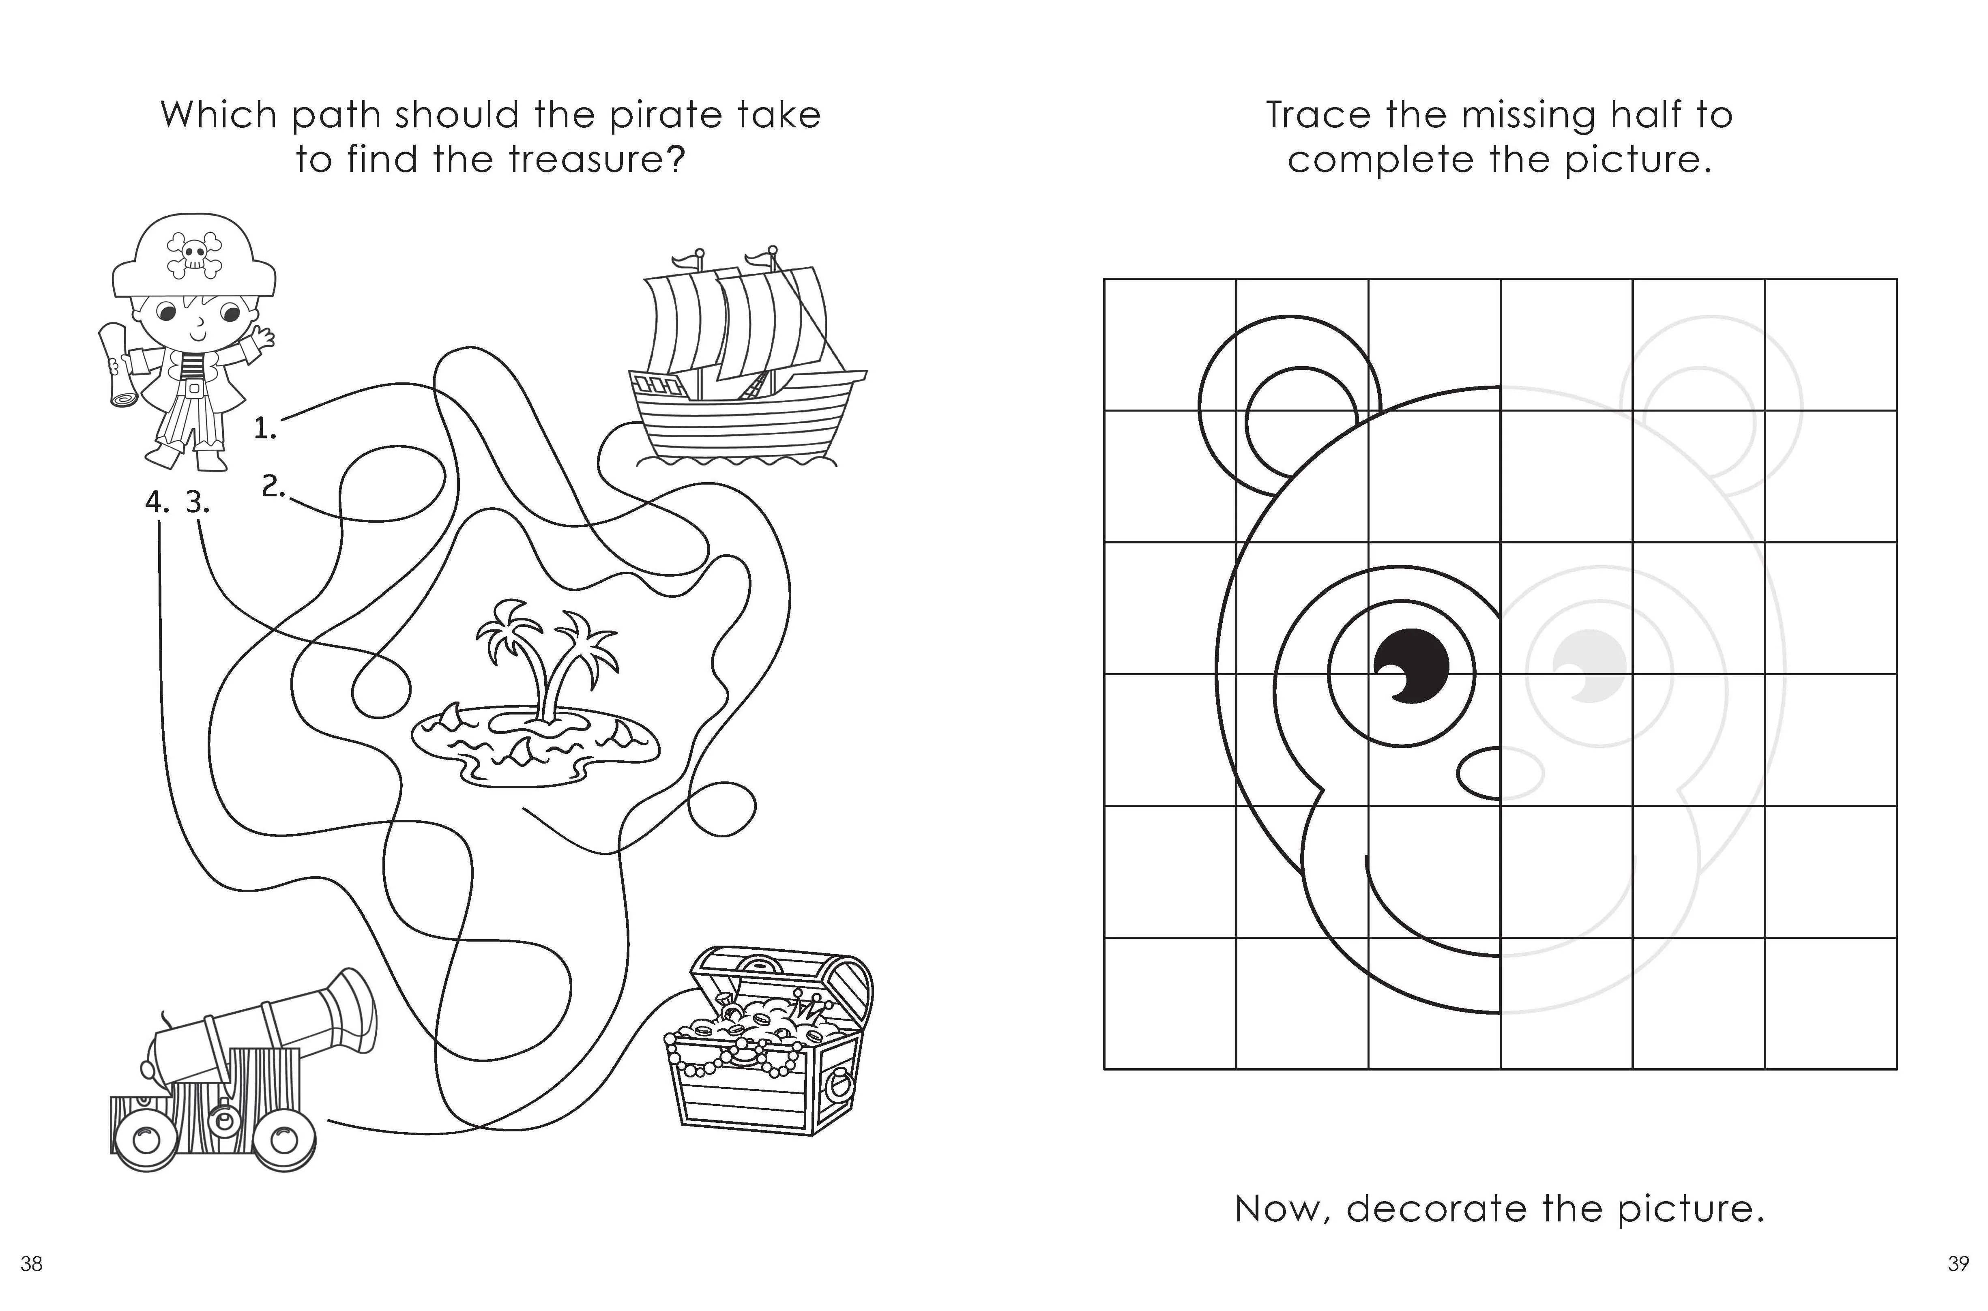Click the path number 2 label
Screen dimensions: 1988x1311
click(273, 486)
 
